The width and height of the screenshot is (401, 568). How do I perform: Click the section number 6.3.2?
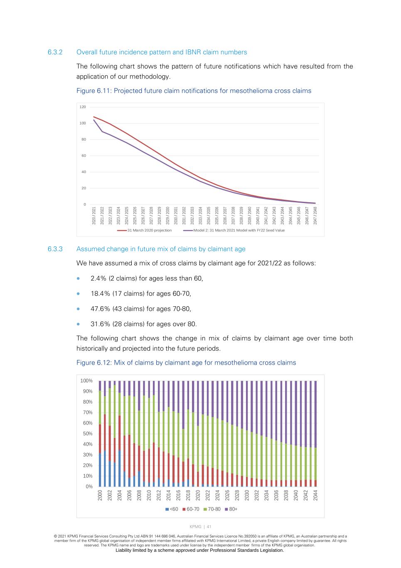(x=55, y=52)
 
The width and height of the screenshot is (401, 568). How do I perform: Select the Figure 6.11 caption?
(x=194, y=91)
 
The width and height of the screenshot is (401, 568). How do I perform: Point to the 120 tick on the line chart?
(x=83, y=107)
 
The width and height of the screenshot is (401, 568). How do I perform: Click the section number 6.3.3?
(x=55, y=249)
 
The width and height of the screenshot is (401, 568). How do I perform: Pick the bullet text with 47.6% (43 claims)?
(x=141, y=309)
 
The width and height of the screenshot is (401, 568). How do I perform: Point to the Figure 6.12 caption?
(x=186, y=363)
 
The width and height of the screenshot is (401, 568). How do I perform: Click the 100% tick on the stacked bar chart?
(x=86, y=381)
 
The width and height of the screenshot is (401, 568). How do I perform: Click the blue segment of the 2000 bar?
(x=100, y=470)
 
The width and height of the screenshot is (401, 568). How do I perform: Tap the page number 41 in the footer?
(x=209, y=527)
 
